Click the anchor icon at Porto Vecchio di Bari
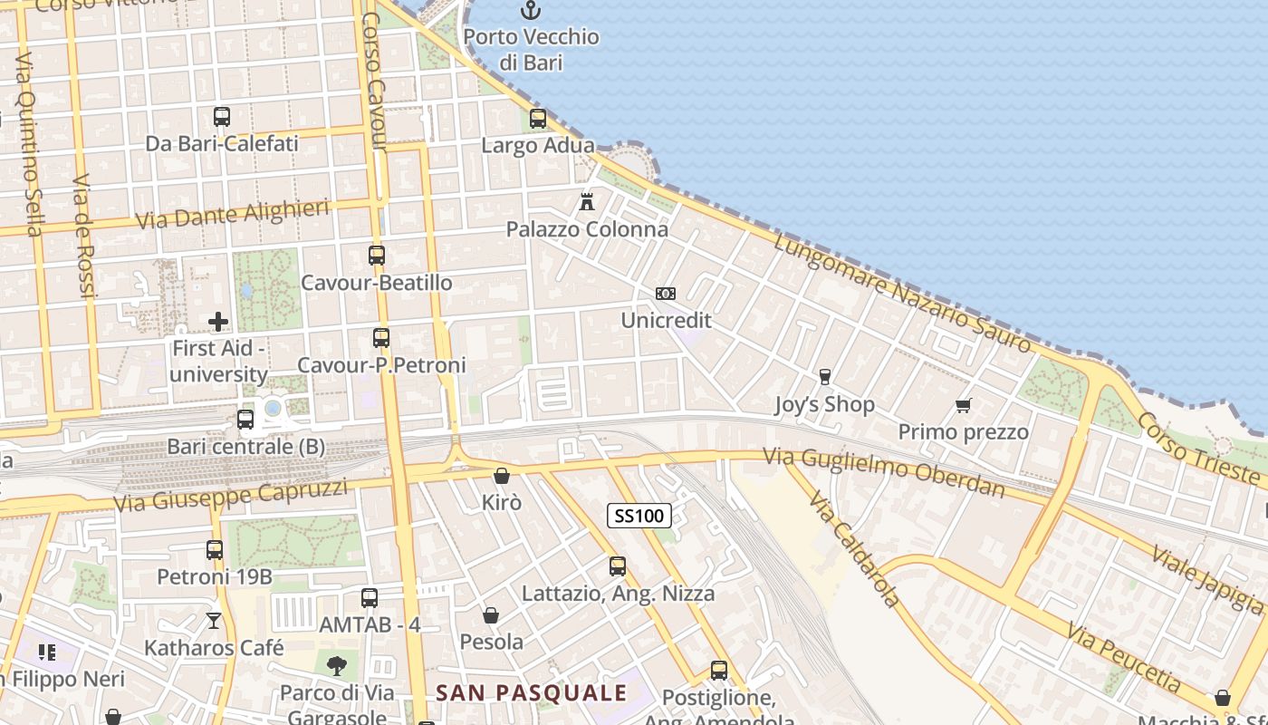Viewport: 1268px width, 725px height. point(530,11)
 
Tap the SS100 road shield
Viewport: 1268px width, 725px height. point(639,517)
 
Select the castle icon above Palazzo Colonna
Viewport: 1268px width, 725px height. point(587,201)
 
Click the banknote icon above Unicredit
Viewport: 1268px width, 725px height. point(666,294)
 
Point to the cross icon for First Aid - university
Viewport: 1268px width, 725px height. point(218,322)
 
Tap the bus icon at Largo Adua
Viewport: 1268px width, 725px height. point(538,119)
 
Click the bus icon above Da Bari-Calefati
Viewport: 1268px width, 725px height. point(222,117)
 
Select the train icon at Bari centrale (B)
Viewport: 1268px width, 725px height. point(245,420)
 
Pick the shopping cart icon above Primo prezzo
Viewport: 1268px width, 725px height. point(963,405)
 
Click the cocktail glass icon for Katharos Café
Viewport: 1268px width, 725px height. point(214,621)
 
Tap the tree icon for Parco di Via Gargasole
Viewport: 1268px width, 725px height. point(336,666)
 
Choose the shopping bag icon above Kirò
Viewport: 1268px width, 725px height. point(502,476)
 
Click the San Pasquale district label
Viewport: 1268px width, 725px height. point(532,693)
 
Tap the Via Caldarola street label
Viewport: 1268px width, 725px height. point(855,549)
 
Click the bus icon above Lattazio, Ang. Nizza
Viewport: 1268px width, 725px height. point(618,566)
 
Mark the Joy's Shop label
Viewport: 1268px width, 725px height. point(824,404)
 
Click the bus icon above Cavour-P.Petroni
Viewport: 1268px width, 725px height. point(381,338)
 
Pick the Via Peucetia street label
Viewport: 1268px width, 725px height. point(1123,657)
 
